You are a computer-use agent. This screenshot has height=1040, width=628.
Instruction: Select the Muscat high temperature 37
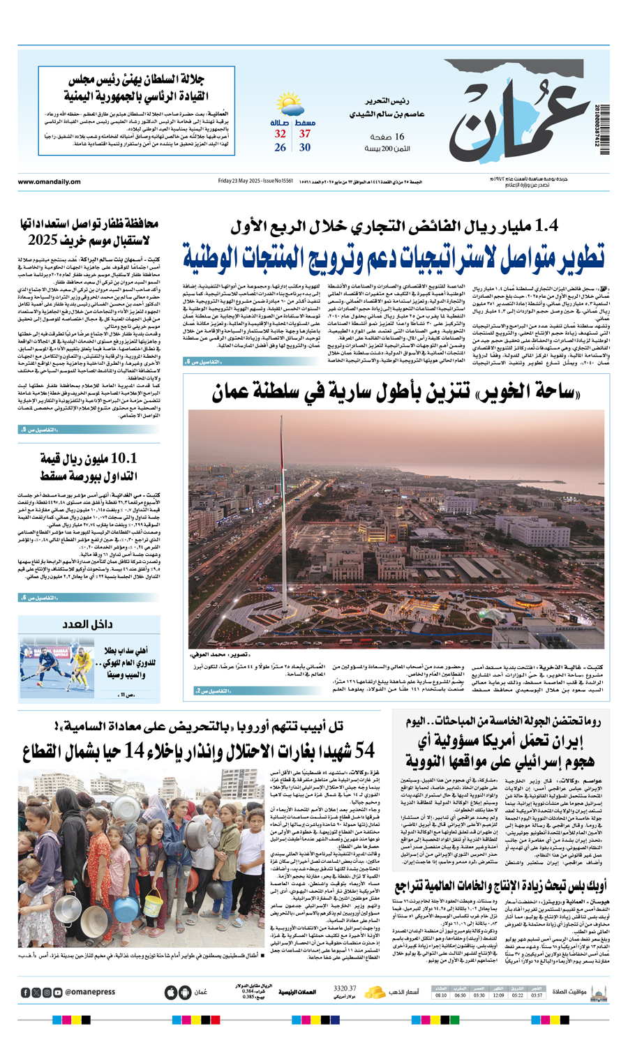click(x=305, y=134)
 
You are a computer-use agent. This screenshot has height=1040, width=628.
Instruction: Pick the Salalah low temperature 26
click(x=280, y=147)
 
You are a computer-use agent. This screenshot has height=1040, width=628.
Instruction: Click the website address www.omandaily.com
click(x=49, y=182)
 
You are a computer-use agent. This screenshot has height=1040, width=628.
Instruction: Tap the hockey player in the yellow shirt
click(x=82, y=662)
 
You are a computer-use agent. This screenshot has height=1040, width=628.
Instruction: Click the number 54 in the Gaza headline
click(x=365, y=751)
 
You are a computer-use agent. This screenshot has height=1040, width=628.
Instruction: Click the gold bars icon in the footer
click(x=375, y=992)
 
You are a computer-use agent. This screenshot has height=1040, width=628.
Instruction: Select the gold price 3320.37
click(x=345, y=988)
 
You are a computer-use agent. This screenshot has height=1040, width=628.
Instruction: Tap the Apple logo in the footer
click(x=170, y=993)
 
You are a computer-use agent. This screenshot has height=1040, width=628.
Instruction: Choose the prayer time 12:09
click(x=498, y=995)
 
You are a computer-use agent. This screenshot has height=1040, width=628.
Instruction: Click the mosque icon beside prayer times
click(x=598, y=993)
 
